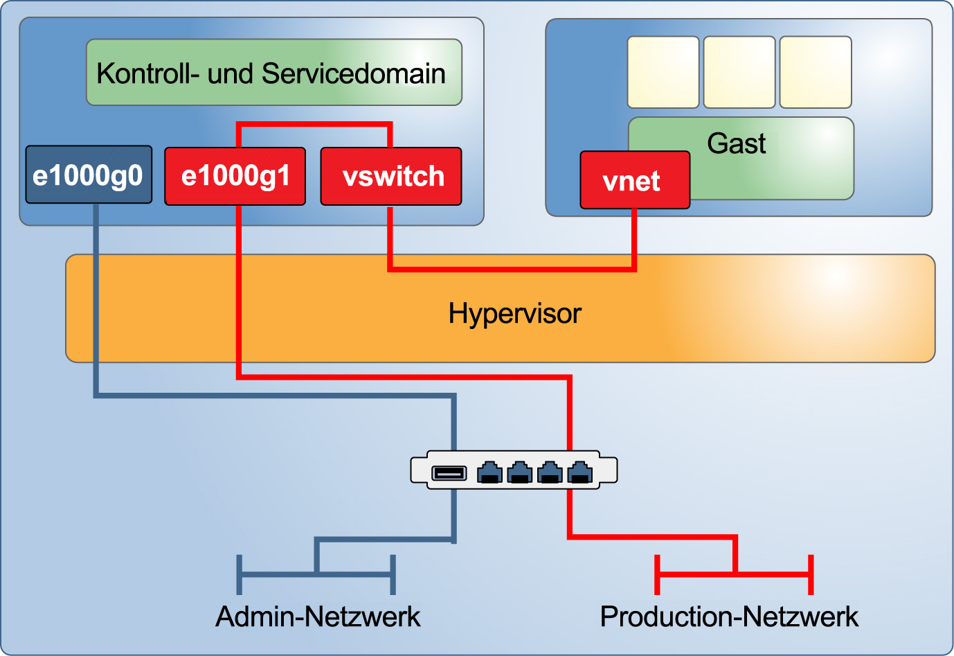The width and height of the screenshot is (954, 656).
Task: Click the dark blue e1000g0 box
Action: point(89,175)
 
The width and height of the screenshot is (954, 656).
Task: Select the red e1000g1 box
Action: point(235,176)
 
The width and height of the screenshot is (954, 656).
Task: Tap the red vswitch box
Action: point(391,176)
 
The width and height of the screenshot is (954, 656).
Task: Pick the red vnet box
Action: point(634,180)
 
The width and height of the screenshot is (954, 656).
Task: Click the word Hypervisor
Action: point(514,314)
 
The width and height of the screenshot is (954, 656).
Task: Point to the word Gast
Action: point(736,143)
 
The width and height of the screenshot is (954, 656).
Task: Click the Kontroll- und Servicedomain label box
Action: point(273,73)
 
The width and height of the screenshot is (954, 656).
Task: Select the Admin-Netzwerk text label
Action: point(318,616)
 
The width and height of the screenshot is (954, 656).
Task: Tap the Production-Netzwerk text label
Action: point(729,616)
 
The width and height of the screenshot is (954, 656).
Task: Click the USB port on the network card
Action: point(449,473)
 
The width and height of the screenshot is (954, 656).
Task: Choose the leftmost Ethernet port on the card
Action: point(489,472)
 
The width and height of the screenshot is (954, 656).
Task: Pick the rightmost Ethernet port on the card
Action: point(580,472)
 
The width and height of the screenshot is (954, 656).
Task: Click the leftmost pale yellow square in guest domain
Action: point(663,72)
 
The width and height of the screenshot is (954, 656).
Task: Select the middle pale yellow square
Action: point(739,72)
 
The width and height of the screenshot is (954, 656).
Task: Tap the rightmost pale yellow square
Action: point(815,72)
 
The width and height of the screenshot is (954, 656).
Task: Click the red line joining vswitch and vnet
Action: point(512,268)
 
